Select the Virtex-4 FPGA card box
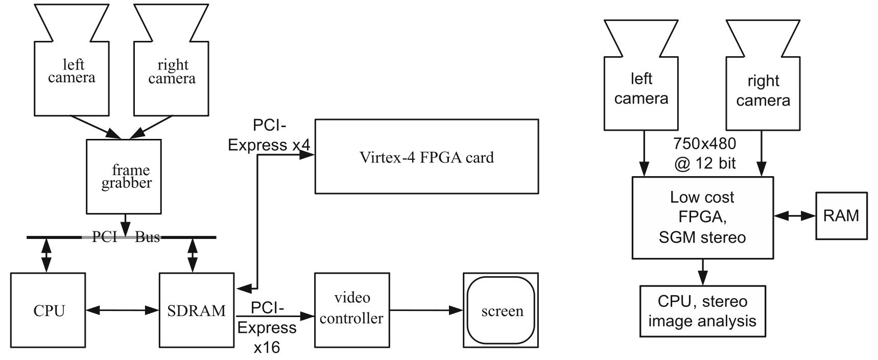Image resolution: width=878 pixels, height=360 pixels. [426, 156]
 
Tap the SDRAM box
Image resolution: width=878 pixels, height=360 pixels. [197, 310]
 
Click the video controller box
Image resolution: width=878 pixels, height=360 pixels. [351, 310]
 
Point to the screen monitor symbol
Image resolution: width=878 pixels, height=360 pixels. [501, 310]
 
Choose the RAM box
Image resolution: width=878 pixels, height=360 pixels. [841, 215]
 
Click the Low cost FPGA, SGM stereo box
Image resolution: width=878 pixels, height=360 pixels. [702, 218]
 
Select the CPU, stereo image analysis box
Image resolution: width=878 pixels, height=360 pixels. [702, 311]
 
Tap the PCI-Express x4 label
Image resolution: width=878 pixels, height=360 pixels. [269, 135]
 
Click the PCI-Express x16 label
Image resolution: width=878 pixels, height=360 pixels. [267, 327]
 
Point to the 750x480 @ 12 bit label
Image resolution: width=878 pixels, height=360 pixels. [704, 153]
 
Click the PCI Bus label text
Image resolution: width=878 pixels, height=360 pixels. [126, 237]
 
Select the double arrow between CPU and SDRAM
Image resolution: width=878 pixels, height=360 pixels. [122, 310]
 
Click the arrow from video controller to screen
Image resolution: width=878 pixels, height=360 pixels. [426, 310]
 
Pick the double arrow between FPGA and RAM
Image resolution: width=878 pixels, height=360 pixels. [794, 216]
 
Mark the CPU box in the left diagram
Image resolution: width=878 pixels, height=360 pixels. [49, 310]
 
